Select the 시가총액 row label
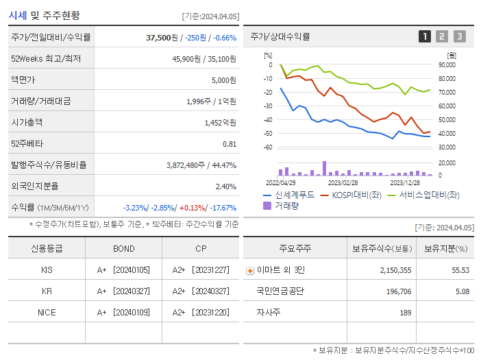click(x=27, y=123)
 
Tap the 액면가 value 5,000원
click(x=223, y=80)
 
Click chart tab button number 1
click(x=425, y=36)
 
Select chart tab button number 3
click(x=459, y=36)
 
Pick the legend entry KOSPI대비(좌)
click(x=356, y=195)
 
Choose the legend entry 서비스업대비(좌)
click(x=429, y=195)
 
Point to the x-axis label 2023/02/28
click(x=343, y=182)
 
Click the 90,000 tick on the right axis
click(x=446, y=65)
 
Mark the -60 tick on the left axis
click(x=267, y=147)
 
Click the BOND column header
click(x=123, y=248)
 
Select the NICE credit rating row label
click(x=47, y=312)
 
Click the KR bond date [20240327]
click(x=132, y=291)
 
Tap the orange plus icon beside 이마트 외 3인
click(x=249, y=270)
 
